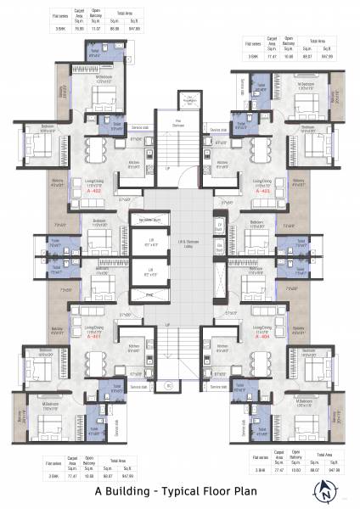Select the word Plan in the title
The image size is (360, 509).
click(251, 490)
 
